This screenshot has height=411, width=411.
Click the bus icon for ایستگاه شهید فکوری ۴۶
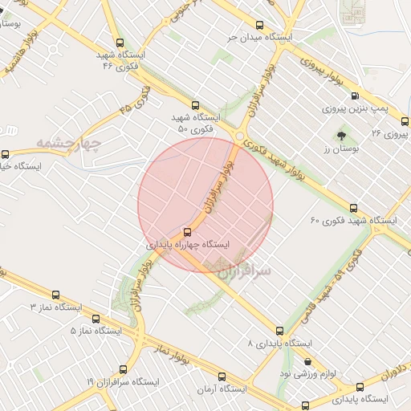coord(120,43)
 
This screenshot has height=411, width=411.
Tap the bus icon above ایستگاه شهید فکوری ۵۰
coord(195,104)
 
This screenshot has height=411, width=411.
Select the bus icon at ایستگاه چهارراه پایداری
coord(188,229)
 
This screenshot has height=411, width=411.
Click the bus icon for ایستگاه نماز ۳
coord(55,295)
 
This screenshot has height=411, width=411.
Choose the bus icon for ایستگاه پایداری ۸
coord(280,330)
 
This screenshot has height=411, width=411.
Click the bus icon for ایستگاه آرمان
coord(222,376)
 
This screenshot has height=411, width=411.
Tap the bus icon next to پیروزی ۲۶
coord(405,121)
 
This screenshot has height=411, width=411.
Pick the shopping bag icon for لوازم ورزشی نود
coord(307,361)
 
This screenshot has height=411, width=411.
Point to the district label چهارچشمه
coord(67,144)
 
